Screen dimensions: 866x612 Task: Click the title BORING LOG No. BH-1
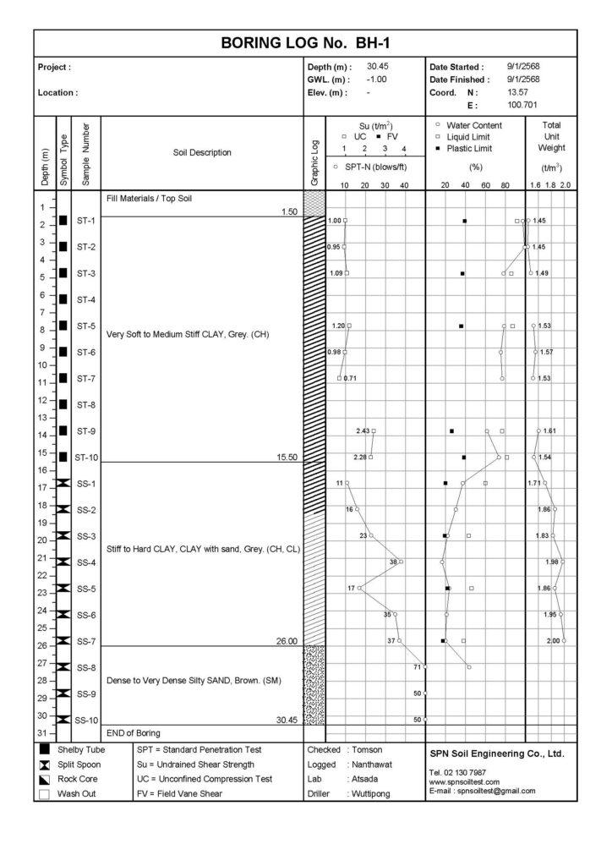click(x=306, y=41)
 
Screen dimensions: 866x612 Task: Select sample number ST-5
click(x=85, y=326)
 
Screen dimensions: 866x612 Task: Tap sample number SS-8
click(x=85, y=668)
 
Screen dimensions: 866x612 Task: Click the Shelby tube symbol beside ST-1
click(x=63, y=222)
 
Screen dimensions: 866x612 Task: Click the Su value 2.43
click(x=363, y=431)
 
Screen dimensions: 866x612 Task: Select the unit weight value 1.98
click(x=552, y=562)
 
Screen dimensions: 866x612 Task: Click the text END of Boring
click(x=134, y=732)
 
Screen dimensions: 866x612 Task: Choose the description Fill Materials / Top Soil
click(x=148, y=199)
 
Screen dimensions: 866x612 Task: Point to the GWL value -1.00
click(x=377, y=79)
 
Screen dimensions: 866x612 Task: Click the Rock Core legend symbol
click(x=44, y=779)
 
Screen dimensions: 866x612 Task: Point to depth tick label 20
click(x=41, y=540)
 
